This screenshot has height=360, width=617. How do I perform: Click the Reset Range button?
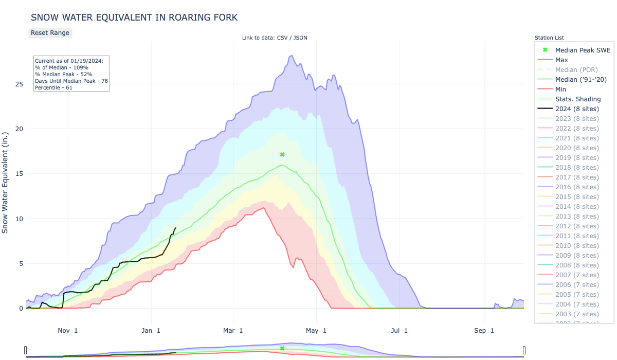point(50,33)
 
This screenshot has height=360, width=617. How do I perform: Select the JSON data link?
point(300,38)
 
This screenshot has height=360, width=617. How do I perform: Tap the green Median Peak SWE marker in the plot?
point(282,154)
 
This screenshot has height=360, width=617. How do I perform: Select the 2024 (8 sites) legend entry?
point(577,109)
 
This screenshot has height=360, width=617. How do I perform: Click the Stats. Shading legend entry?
point(578,99)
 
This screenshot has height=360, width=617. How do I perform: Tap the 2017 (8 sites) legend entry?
point(577,177)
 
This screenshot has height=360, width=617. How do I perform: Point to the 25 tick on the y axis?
point(19,84)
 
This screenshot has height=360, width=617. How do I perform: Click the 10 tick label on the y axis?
point(19,219)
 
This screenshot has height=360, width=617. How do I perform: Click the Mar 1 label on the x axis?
point(234,331)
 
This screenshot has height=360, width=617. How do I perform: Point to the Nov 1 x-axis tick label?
point(68,331)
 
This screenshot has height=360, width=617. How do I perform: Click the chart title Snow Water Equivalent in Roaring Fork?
point(134,17)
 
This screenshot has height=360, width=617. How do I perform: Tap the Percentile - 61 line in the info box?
point(53,88)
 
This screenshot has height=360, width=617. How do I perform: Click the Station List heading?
point(549,38)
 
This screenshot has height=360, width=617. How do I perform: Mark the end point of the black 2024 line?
point(176,228)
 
